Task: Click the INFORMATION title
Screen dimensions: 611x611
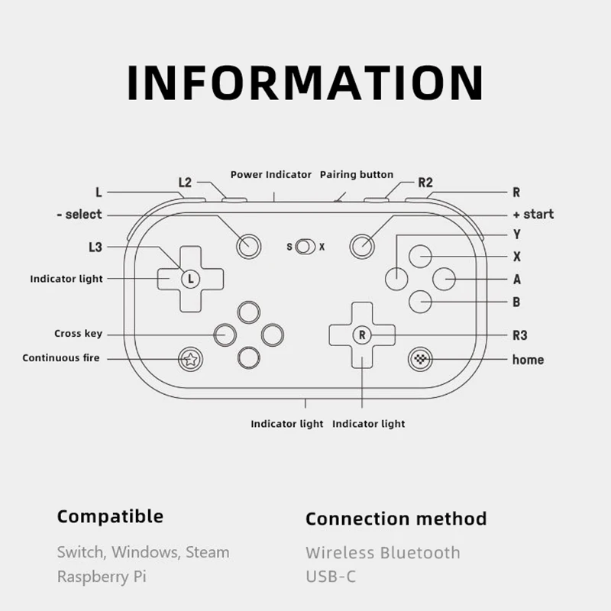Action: click(x=305, y=82)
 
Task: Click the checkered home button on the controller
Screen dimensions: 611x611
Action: click(x=419, y=359)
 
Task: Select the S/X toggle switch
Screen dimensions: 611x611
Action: click(x=305, y=247)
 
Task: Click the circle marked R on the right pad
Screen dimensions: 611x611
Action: click(x=362, y=335)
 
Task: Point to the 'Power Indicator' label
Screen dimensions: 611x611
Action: click(x=271, y=175)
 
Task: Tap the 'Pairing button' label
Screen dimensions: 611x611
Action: click(x=357, y=175)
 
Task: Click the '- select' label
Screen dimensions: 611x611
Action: click(x=79, y=215)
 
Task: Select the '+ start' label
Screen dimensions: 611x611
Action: click(x=533, y=215)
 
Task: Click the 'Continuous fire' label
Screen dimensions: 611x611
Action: click(x=61, y=357)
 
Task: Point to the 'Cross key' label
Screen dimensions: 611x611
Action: click(x=78, y=334)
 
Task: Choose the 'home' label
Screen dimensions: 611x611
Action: click(x=528, y=360)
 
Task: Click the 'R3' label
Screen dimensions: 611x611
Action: click(x=520, y=335)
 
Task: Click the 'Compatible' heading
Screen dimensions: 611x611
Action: click(x=110, y=516)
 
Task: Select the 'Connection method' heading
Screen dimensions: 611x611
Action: click(x=396, y=519)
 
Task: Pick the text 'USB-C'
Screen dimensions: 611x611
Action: click(x=331, y=577)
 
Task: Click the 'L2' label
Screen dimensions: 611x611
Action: click(x=185, y=183)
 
